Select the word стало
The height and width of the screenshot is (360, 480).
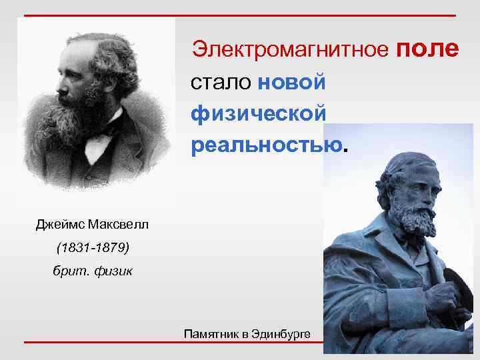(x=219, y=83)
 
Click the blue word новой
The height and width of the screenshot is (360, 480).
(x=291, y=83)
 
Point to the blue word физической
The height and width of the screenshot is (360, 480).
(x=259, y=113)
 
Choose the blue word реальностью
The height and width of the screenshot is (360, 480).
(x=267, y=144)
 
